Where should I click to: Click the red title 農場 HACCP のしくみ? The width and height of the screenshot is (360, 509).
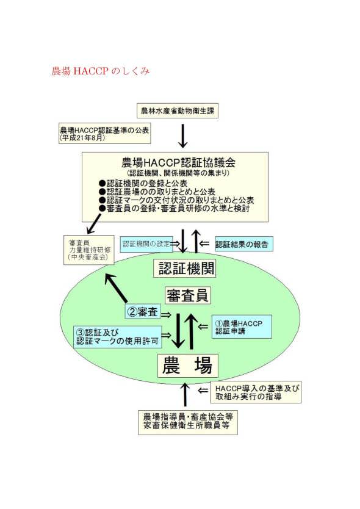[x=101, y=71]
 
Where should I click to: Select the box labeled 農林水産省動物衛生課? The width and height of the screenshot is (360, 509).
[x=177, y=110]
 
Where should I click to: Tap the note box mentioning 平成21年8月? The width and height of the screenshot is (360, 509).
[x=105, y=133]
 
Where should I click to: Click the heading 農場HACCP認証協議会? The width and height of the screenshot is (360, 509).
[x=178, y=162]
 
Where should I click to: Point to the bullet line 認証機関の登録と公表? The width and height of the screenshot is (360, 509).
[x=143, y=184]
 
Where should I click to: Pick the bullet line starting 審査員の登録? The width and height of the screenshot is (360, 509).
[x=174, y=208]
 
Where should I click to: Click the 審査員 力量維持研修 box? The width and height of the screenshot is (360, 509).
[x=89, y=250]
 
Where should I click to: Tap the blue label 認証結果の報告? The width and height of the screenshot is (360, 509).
[x=242, y=244]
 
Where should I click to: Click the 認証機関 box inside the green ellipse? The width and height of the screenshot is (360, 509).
[x=185, y=268]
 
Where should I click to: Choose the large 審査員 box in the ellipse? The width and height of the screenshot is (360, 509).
[x=187, y=295]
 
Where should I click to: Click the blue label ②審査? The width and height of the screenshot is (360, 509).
[x=143, y=312]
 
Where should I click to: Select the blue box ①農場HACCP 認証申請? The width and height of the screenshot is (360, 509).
[x=242, y=327]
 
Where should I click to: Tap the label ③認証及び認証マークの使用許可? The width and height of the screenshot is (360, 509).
[x=118, y=337]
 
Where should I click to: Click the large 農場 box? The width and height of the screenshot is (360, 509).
[x=187, y=366]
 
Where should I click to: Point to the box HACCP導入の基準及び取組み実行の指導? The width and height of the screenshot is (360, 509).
[x=256, y=392]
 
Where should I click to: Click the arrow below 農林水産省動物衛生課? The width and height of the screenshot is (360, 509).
[x=183, y=135]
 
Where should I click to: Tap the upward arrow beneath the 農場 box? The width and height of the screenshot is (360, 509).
[x=185, y=394]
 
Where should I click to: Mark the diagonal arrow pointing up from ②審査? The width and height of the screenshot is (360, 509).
[x=116, y=288]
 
